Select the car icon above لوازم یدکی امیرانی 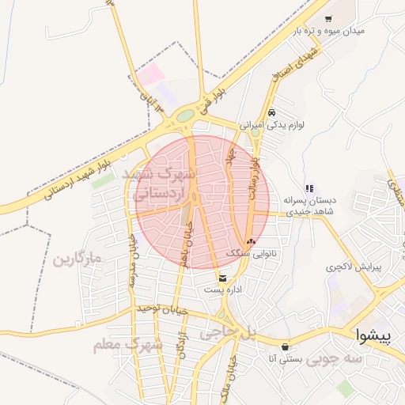pyautogui.click(x=272, y=112)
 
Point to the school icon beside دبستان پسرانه pyautogui.click(x=309, y=188)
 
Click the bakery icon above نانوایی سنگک pyautogui.click(x=252, y=242)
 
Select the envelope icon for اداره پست pyautogui.click(x=222, y=278)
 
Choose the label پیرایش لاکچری pyautogui.click(x=354, y=267)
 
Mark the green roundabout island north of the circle pyautogui.click(x=185, y=116)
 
